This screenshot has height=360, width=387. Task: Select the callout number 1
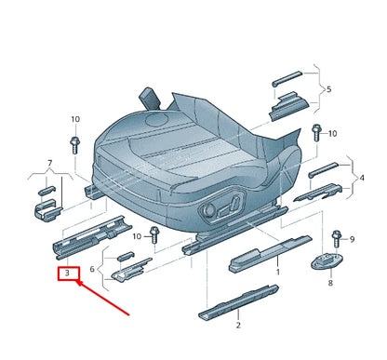point(276,273)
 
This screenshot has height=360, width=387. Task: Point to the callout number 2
point(238,325)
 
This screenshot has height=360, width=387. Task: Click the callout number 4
point(362,177)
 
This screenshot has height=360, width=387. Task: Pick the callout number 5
point(326,90)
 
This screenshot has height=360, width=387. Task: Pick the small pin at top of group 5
point(286,82)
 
